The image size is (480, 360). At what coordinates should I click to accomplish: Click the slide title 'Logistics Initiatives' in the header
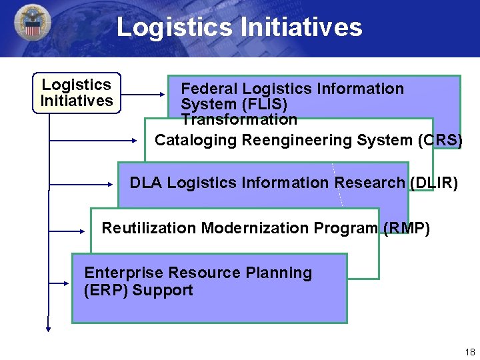pos(239,27)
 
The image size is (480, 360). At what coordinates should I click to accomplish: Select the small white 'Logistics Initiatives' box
pos(77,93)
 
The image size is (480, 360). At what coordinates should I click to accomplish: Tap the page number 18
pos(470,352)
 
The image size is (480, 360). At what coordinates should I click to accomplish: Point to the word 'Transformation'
pos(239,120)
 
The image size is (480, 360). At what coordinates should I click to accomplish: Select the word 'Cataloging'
pos(196,140)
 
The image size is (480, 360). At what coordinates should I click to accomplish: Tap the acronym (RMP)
pos(407,228)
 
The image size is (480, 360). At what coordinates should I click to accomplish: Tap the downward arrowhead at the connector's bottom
pos(49,327)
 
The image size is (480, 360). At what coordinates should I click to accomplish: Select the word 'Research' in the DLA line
pos(369,183)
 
